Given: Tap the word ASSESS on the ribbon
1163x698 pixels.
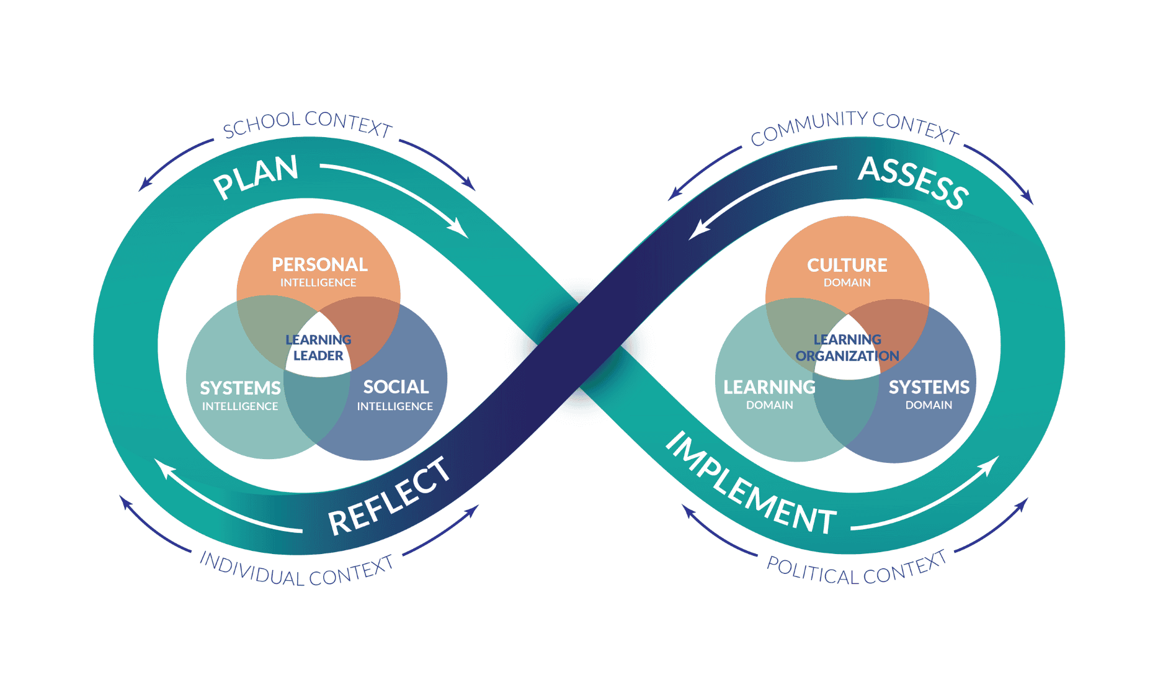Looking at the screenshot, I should [913, 182].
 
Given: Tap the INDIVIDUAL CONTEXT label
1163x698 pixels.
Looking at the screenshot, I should [296, 570].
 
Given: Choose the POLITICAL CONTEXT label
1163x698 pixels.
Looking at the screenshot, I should [857, 570].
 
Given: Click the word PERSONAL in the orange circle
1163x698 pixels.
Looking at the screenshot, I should [319, 265].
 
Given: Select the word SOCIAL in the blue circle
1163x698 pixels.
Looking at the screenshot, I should [396, 387].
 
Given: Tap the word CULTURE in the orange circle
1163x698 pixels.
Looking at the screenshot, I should [847, 266].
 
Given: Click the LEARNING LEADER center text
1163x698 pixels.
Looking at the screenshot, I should [318, 347].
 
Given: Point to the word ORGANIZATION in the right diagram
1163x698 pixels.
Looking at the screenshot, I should [847, 356].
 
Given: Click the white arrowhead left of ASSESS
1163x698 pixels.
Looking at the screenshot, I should [697, 231].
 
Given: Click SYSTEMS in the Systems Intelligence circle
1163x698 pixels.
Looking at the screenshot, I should [240, 388].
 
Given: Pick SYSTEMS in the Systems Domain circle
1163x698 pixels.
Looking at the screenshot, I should [929, 388].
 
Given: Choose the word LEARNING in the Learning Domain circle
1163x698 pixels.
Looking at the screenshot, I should [769, 388].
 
